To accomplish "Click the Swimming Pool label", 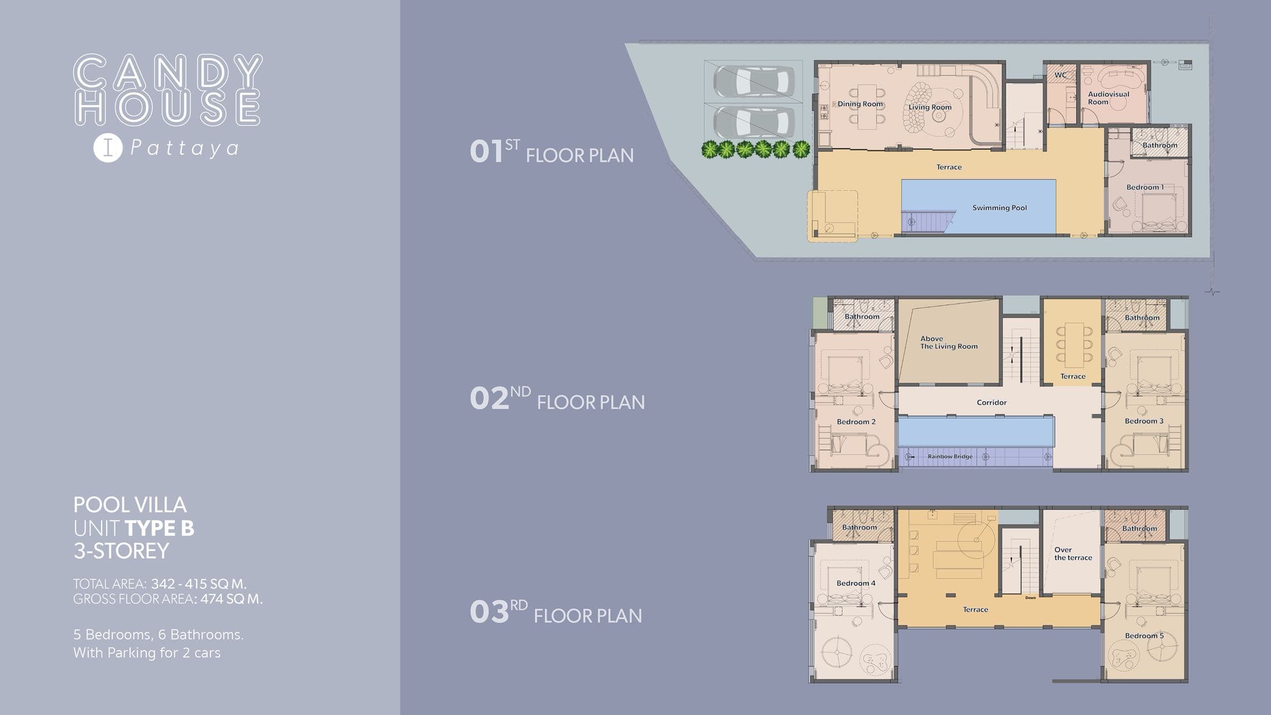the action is (1000, 208).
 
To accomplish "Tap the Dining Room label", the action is (860, 104).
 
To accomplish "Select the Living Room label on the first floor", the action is (930, 107).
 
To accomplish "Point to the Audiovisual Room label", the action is (1108, 98).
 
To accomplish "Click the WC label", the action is (1060, 75).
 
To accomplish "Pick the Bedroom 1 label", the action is (1145, 187).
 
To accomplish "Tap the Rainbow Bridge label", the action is (950, 456).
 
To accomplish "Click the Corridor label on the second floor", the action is (992, 402).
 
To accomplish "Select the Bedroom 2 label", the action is (856, 422).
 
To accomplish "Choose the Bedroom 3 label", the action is (1144, 421).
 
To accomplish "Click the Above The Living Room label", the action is (949, 342).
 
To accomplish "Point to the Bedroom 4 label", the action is (856, 583).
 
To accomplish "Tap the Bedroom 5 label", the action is (1144, 636).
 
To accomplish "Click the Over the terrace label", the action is (1073, 554).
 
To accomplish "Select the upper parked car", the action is (754, 82).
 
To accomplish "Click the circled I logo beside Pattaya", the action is (108, 148).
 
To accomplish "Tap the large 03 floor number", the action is (489, 612).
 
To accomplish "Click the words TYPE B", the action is (160, 528).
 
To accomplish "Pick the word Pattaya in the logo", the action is (185, 149).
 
